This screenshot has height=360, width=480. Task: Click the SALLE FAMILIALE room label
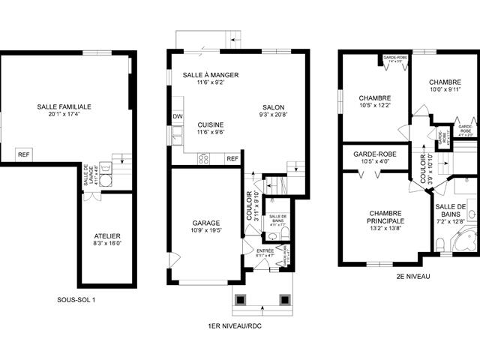tap(63, 106)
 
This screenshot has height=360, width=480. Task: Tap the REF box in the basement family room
tap(25, 154)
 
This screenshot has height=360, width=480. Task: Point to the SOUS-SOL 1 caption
tap(76, 300)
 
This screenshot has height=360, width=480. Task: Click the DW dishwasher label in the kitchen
tap(178, 117)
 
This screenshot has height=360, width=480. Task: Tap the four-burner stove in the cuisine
tap(204, 158)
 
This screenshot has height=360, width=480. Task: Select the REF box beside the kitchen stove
tap(232, 158)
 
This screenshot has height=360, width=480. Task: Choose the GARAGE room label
tap(205, 223)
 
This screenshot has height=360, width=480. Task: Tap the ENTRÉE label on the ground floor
tap(265, 250)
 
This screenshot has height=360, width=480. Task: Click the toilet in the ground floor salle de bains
tap(276, 236)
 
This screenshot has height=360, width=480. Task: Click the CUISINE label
tap(211, 124)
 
